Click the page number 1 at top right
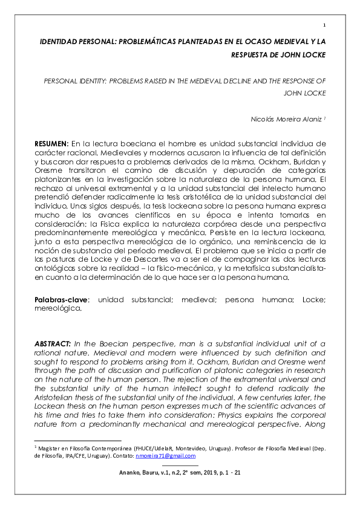[325, 25]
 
